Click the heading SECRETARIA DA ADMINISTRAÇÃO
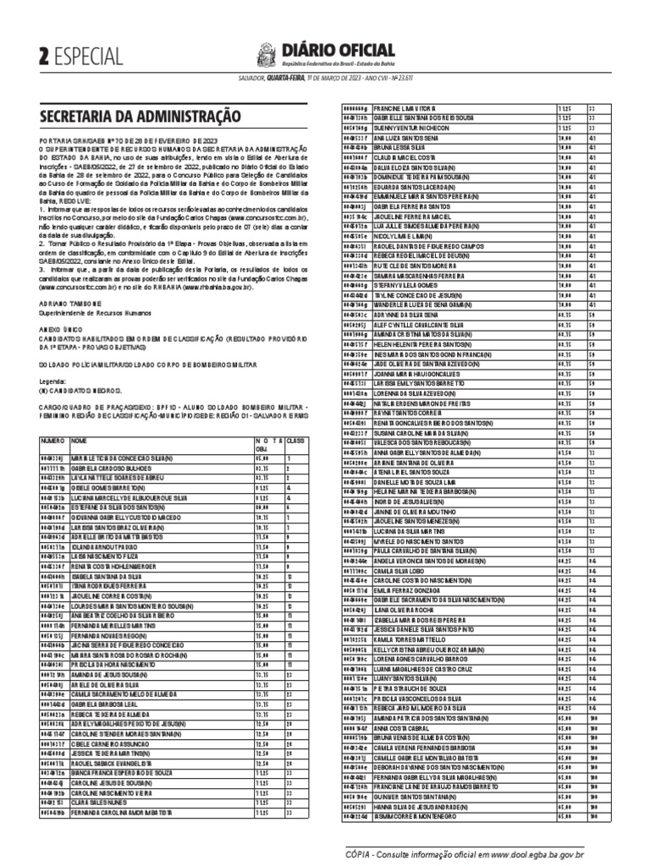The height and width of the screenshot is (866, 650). point(140,116)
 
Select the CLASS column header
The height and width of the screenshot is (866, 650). point(296,441)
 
